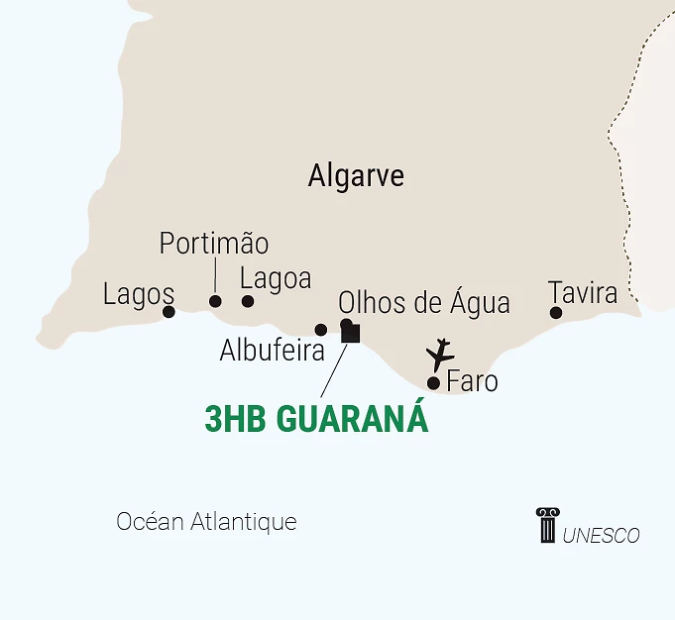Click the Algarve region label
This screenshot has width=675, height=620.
click(x=356, y=176)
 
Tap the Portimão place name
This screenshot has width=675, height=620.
click(x=214, y=244)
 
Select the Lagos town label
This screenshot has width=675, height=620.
click(x=139, y=294)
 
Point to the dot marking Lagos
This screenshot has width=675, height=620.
click(x=169, y=312)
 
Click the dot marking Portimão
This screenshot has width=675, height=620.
click(x=215, y=301)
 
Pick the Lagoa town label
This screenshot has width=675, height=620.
click(x=276, y=279)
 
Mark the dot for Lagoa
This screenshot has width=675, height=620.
click(x=248, y=301)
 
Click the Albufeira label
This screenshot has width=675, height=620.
click(x=273, y=351)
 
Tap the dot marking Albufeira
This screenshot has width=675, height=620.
click(x=320, y=330)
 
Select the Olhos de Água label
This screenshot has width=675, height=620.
click(x=424, y=302)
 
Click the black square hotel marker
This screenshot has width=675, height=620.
click(x=350, y=334)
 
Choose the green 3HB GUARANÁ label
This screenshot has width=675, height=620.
click(x=317, y=419)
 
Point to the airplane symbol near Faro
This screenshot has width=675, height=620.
click(x=439, y=354)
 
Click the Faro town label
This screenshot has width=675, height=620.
click(x=473, y=381)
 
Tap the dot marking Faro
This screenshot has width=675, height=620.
click(x=433, y=382)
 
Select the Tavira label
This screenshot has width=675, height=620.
click(x=583, y=293)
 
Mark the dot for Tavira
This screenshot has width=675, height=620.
click(x=556, y=313)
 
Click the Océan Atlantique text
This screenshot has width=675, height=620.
click(x=206, y=522)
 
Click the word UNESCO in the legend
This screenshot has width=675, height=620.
click(x=601, y=536)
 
